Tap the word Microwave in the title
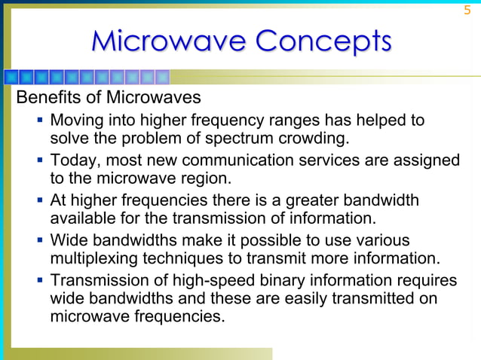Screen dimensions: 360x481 167,41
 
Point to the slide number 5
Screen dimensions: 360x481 467,10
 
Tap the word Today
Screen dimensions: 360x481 73,160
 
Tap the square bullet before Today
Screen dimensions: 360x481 38,160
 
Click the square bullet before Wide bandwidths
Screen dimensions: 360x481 38,240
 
